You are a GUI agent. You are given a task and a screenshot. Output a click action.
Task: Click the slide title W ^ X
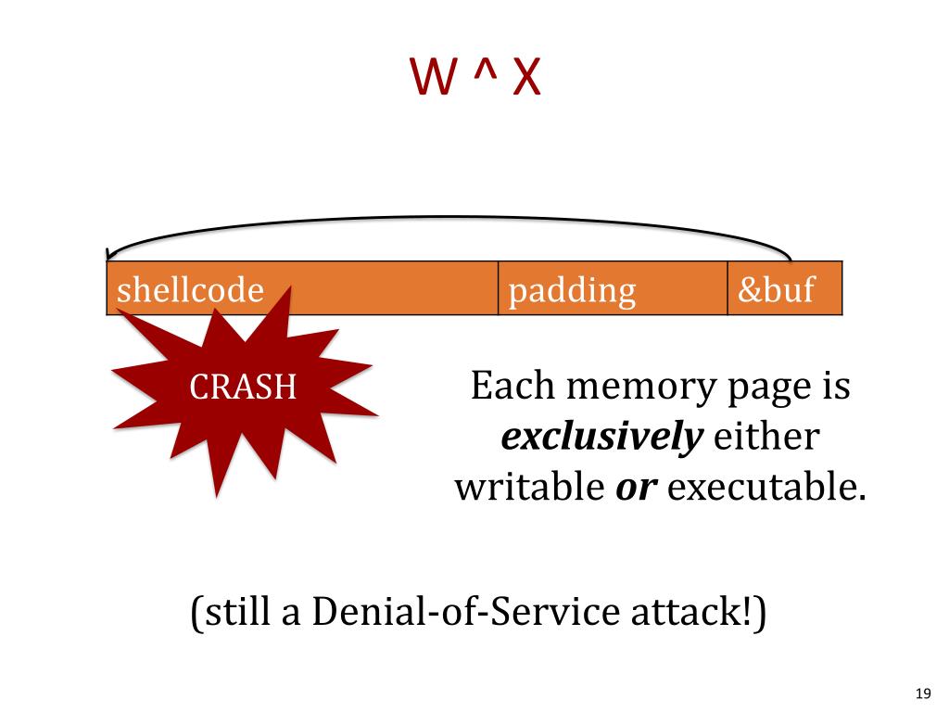[x=475, y=78]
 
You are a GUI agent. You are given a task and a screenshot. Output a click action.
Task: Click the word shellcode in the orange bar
[x=190, y=290]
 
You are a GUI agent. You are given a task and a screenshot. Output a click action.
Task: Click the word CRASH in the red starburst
[x=243, y=388]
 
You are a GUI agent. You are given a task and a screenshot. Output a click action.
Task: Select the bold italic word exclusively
[x=600, y=437]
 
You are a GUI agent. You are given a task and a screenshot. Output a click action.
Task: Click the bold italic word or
[x=636, y=487]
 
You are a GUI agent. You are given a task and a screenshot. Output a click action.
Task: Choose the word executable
[x=766, y=487]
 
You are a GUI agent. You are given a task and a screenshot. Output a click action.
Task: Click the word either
[x=765, y=437]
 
